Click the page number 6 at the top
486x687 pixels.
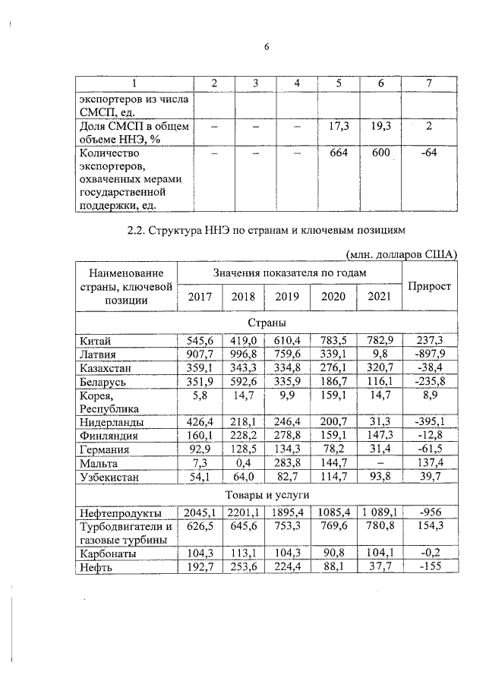[x=267, y=47]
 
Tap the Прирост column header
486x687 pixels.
[x=430, y=286]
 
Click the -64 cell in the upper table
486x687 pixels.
[x=430, y=154]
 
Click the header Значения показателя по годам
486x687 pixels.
[x=290, y=272]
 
